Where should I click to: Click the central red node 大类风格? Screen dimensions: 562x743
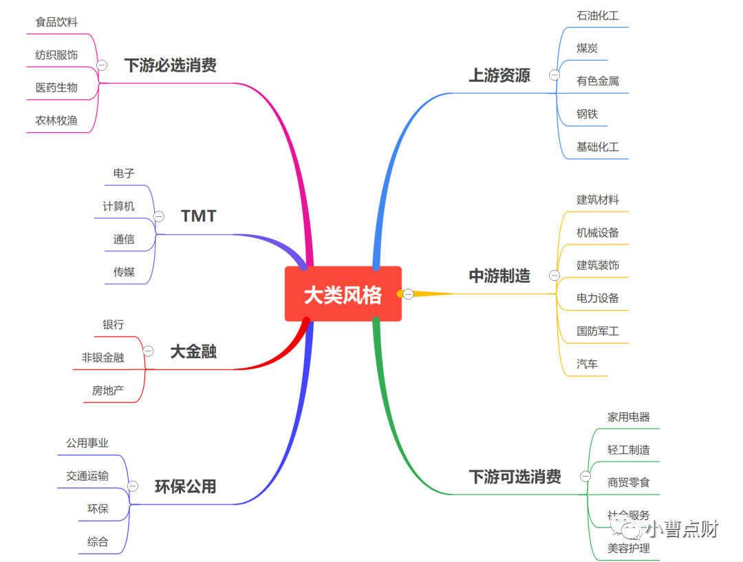click(x=343, y=295)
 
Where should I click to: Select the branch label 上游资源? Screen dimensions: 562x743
click(x=499, y=76)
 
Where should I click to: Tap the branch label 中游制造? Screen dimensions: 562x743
click(x=499, y=276)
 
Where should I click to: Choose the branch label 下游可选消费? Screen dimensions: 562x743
click(x=515, y=477)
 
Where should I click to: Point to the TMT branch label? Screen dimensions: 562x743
click(x=198, y=216)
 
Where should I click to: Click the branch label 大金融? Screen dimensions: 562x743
click(x=193, y=352)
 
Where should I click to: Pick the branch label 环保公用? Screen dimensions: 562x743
click(x=185, y=487)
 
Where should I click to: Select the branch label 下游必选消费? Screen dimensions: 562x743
click(x=170, y=65)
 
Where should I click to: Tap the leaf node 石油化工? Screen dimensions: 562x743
click(x=597, y=15)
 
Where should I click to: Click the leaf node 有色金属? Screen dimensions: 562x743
click(x=597, y=81)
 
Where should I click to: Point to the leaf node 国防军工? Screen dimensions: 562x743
click(x=597, y=331)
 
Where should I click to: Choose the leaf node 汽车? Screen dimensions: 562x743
click(x=587, y=364)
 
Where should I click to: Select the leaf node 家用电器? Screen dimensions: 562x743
click(x=628, y=417)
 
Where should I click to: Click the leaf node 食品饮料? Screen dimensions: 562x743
click(x=56, y=23)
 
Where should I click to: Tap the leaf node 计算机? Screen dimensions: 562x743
click(x=118, y=207)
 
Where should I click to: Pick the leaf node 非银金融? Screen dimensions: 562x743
click(x=103, y=358)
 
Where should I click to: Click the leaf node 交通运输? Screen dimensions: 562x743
click(x=87, y=477)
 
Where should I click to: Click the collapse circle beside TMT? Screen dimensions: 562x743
click(x=159, y=216)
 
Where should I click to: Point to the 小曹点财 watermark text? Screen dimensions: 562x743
click(x=681, y=529)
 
